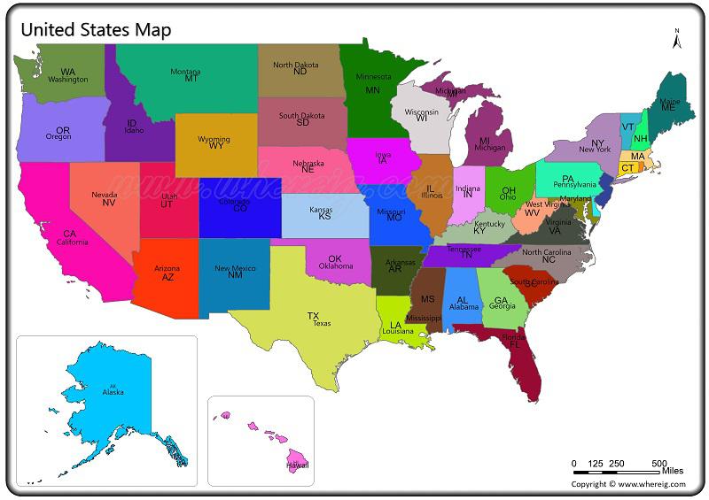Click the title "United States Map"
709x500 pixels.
click(96, 29)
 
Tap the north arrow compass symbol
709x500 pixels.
click(676, 39)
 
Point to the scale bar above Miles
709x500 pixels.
click(617, 473)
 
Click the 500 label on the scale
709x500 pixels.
click(658, 464)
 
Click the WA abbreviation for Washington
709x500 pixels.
click(67, 72)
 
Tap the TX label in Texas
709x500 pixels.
click(313, 316)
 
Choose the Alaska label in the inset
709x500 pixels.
click(113, 392)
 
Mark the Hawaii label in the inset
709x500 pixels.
click(298, 464)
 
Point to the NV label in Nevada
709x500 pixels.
click(109, 203)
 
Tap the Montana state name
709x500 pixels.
click(185, 72)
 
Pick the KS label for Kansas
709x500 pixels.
click(324, 216)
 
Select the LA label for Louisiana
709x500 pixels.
click(395, 325)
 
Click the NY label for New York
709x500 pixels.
click(597, 143)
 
